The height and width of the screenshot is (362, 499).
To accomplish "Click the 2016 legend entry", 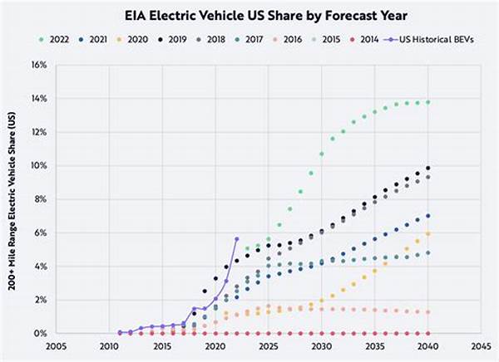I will coord(288,39).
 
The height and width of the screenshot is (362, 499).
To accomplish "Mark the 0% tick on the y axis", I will coord(39,333).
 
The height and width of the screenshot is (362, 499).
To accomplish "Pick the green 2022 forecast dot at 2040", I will coord(428,102).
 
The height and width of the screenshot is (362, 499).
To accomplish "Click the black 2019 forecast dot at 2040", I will coord(428,168).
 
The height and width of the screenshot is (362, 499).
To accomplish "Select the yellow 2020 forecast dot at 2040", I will coord(428,233).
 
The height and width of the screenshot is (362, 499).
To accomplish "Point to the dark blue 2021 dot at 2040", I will coord(428,216).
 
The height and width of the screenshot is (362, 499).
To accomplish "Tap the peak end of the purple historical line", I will coord(237,239).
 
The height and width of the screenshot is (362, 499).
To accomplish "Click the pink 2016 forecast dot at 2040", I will coord(428,311).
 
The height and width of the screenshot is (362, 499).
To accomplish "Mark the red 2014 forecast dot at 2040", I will coord(428,333).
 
